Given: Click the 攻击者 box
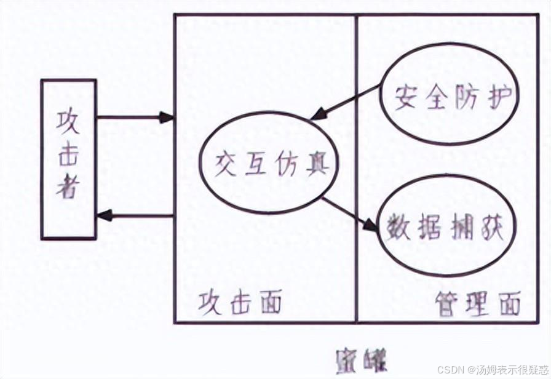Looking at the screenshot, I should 68,159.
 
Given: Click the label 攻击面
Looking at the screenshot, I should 240,303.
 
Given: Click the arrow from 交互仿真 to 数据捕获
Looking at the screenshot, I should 349,213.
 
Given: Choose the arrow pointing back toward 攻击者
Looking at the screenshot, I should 135,215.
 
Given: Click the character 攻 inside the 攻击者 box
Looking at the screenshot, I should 68,120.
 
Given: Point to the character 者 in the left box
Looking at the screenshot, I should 68,189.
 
